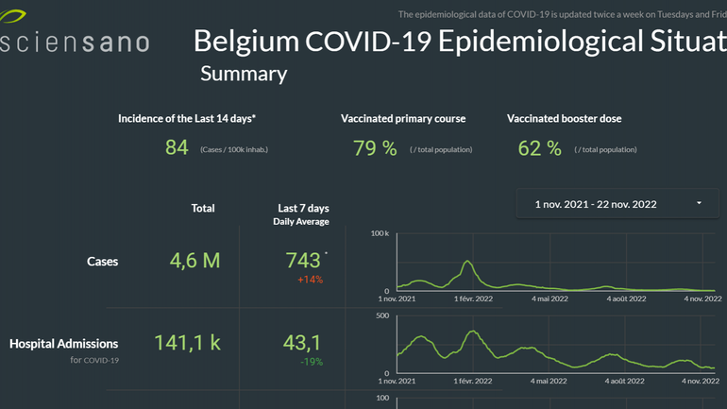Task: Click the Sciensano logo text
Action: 76,43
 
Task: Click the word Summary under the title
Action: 244,74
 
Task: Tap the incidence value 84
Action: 177,148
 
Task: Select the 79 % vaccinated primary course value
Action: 375,148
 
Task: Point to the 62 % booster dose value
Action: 540,148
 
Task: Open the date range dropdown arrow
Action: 699,203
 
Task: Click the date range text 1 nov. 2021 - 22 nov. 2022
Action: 595,204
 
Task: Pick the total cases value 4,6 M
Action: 194,261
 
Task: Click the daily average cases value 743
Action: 303,261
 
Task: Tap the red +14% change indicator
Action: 310,280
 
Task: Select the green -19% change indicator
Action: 310,362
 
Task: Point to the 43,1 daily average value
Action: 302,343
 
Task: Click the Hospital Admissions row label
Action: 63,344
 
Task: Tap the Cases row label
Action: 102,262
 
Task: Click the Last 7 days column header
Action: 303,208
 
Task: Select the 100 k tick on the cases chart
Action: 380,232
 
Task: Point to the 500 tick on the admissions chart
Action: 382,315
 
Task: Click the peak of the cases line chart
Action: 466,262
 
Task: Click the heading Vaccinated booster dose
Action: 564,119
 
